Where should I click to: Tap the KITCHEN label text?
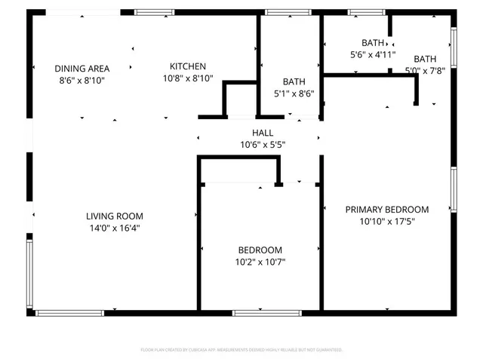(x=187, y=66)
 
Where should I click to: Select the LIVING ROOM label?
(x=114, y=216)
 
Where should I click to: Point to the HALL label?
(x=263, y=133)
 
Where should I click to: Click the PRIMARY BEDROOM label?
(x=387, y=210)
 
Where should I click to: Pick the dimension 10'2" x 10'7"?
(x=260, y=262)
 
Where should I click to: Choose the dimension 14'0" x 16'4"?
(x=114, y=227)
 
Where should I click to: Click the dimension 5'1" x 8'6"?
(x=294, y=94)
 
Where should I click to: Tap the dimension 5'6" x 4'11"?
(x=372, y=55)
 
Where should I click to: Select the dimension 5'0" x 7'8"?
(x=425, y=71)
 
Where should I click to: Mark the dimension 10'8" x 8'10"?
(x=187, y=78)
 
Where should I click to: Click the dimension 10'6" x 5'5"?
(x=263, y=145)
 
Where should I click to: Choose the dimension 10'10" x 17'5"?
(x=387, y=222)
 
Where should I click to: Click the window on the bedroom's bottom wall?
(x=257, y=312)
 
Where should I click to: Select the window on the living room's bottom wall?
(x=70, y=312)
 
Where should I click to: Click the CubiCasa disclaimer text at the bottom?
(x=241, y=350)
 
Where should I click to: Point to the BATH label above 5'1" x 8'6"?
(x=294, y=81)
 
